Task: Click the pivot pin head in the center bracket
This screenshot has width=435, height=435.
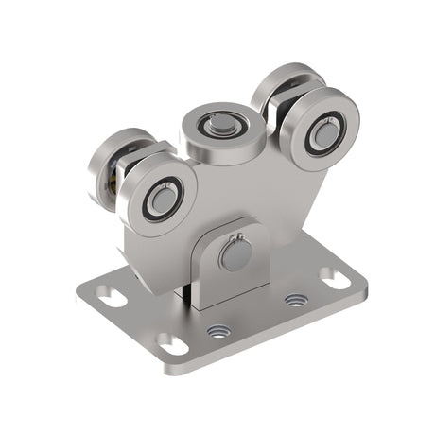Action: pyautogui.click(x=232, y=256)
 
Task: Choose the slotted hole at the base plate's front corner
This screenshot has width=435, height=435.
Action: pyautogui.click(x=173, y=343)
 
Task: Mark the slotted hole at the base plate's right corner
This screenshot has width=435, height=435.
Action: pyautogui.click(x=335, y=278)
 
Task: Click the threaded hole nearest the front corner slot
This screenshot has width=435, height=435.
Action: pyautogui.click(x=219, y=331)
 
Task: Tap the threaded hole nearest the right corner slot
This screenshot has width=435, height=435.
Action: pyautogui.click(x=296, y=301)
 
